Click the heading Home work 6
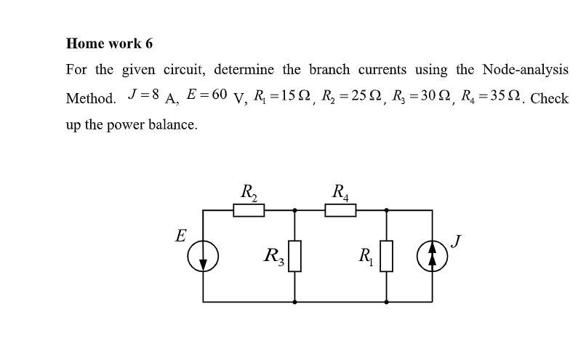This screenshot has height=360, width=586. tap(109, 43)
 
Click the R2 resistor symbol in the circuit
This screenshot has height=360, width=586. tap(248, 211)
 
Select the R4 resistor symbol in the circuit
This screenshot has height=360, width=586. tap(340, 211)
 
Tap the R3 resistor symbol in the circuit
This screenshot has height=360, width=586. tap(294, 256)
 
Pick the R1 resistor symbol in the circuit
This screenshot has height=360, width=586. tap(386, 256)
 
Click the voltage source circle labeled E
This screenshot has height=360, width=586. tap(203, 256)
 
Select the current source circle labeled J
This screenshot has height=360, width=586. tap(432, 256)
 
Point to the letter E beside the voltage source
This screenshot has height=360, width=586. tap(180, 236)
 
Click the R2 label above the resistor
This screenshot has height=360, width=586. tap(248, 193)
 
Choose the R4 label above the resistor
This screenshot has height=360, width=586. tap(340, 193)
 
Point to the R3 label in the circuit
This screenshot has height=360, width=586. tap(274, 256)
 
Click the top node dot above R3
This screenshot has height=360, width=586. tap(294, 211)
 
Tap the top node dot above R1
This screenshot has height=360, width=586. tap(386, 211)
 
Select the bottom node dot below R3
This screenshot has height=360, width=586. tap(294, 301)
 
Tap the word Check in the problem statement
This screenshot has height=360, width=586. tap(550, 98)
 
